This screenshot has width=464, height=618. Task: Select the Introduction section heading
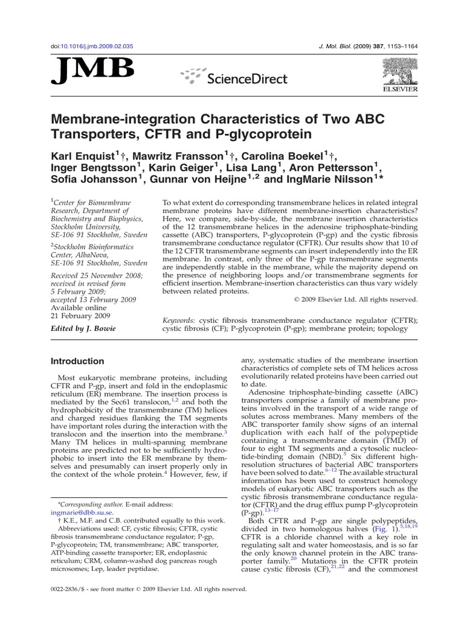pyautogui.click(x=77, y=361)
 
